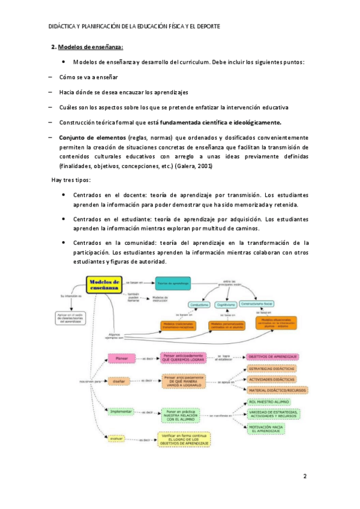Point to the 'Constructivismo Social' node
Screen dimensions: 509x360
257,304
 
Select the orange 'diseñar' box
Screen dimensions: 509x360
118,380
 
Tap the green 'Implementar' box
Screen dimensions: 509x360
121,412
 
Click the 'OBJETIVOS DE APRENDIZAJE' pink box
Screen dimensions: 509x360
272,357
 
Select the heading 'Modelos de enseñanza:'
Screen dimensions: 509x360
91,47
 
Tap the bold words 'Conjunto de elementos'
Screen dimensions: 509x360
92,137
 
